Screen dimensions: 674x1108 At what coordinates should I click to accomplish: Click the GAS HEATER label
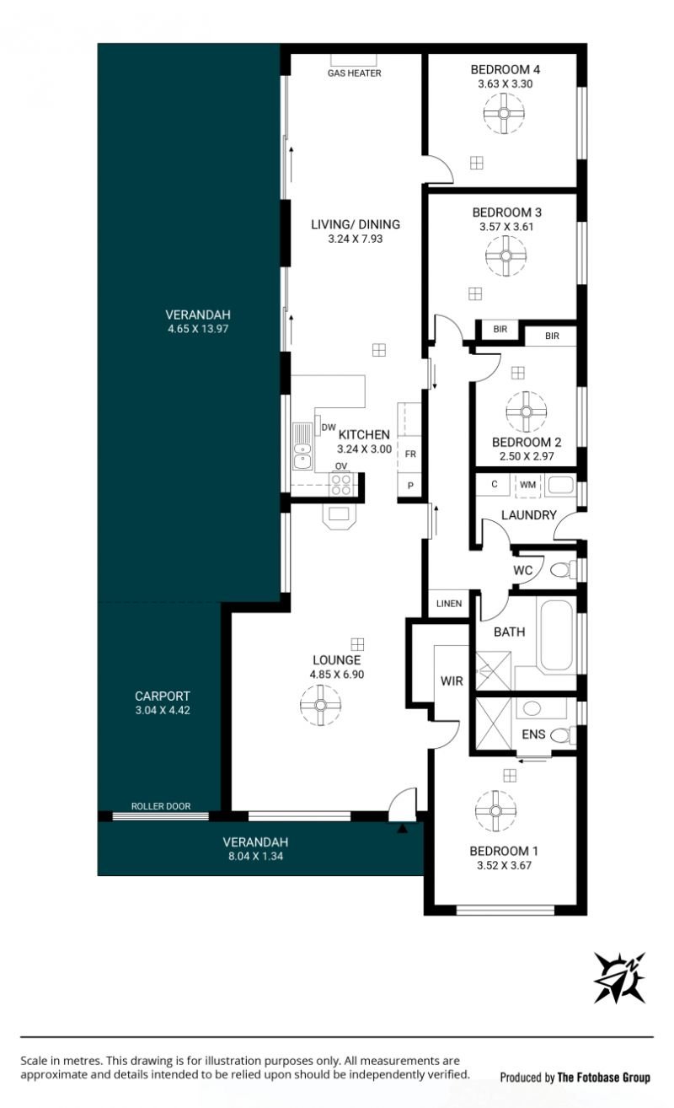pyautogui.click(x=355, y=73)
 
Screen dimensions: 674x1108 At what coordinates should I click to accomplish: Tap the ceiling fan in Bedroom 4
pyautogui.click(x=504, y=113)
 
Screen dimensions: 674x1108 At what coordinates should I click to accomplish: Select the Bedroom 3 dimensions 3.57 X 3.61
pyautogui.click(x=506, y=227)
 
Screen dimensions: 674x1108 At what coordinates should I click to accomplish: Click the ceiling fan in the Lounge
pyautogui.click(x=320, y=705)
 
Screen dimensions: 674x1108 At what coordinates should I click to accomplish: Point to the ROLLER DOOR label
pyautogui.click(x=161, y=806)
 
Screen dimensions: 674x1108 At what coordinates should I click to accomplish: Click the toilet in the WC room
pyautogui.click(x=563, y=570)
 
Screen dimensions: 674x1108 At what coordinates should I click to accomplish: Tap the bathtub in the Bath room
pyautogui.click(x=556, y=636)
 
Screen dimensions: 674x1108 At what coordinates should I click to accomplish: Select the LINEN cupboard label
pyautogui.click(x=449, y=604)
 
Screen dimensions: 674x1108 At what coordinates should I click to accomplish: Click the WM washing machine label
pyautogui.click(x=527, y=485)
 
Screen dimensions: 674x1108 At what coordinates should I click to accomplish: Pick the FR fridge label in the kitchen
pyautogui.click(x=410, y=454)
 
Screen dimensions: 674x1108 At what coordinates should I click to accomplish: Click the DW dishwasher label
pyautogui.click(x=329, y=428)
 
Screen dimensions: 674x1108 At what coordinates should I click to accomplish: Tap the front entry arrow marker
pyautogui.click(x=403, y=828)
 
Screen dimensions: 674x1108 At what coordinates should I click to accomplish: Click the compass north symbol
pyautogui.click(x=619, y=978)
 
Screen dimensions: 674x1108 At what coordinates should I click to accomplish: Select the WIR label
pyautogui.click(x=452, y=681)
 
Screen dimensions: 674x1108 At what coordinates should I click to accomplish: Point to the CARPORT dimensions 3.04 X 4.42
pyautogui.click(x=163, y=710)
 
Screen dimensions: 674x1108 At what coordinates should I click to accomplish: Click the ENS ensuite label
pyautogui.click(x=533, y=734)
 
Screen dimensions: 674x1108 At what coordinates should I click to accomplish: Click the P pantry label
pyautogui.click(x=410, y=486)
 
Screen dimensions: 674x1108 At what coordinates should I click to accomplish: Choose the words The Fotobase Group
pyautogui.click(x=604, y=1078)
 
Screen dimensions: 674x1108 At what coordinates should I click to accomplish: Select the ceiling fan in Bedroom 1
pyautogui.click(x=495, y=810)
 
